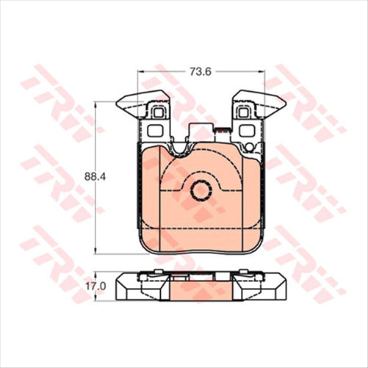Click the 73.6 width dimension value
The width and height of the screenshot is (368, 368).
point(201,71)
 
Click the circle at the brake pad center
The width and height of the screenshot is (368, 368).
point(201,190)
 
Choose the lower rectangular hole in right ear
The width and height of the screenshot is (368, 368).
point(244,131)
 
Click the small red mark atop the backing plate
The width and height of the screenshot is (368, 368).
point(218,131)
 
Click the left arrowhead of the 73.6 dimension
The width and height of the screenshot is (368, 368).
point(140,71)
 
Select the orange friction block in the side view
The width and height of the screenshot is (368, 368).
point(200,291)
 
